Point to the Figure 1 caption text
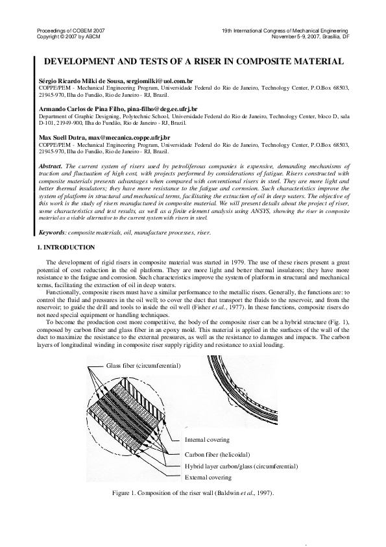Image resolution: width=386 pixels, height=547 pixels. pyautogui.click(x=193, y=494)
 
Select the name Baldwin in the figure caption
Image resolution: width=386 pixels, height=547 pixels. pyautogui.click(x=230, y=494)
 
